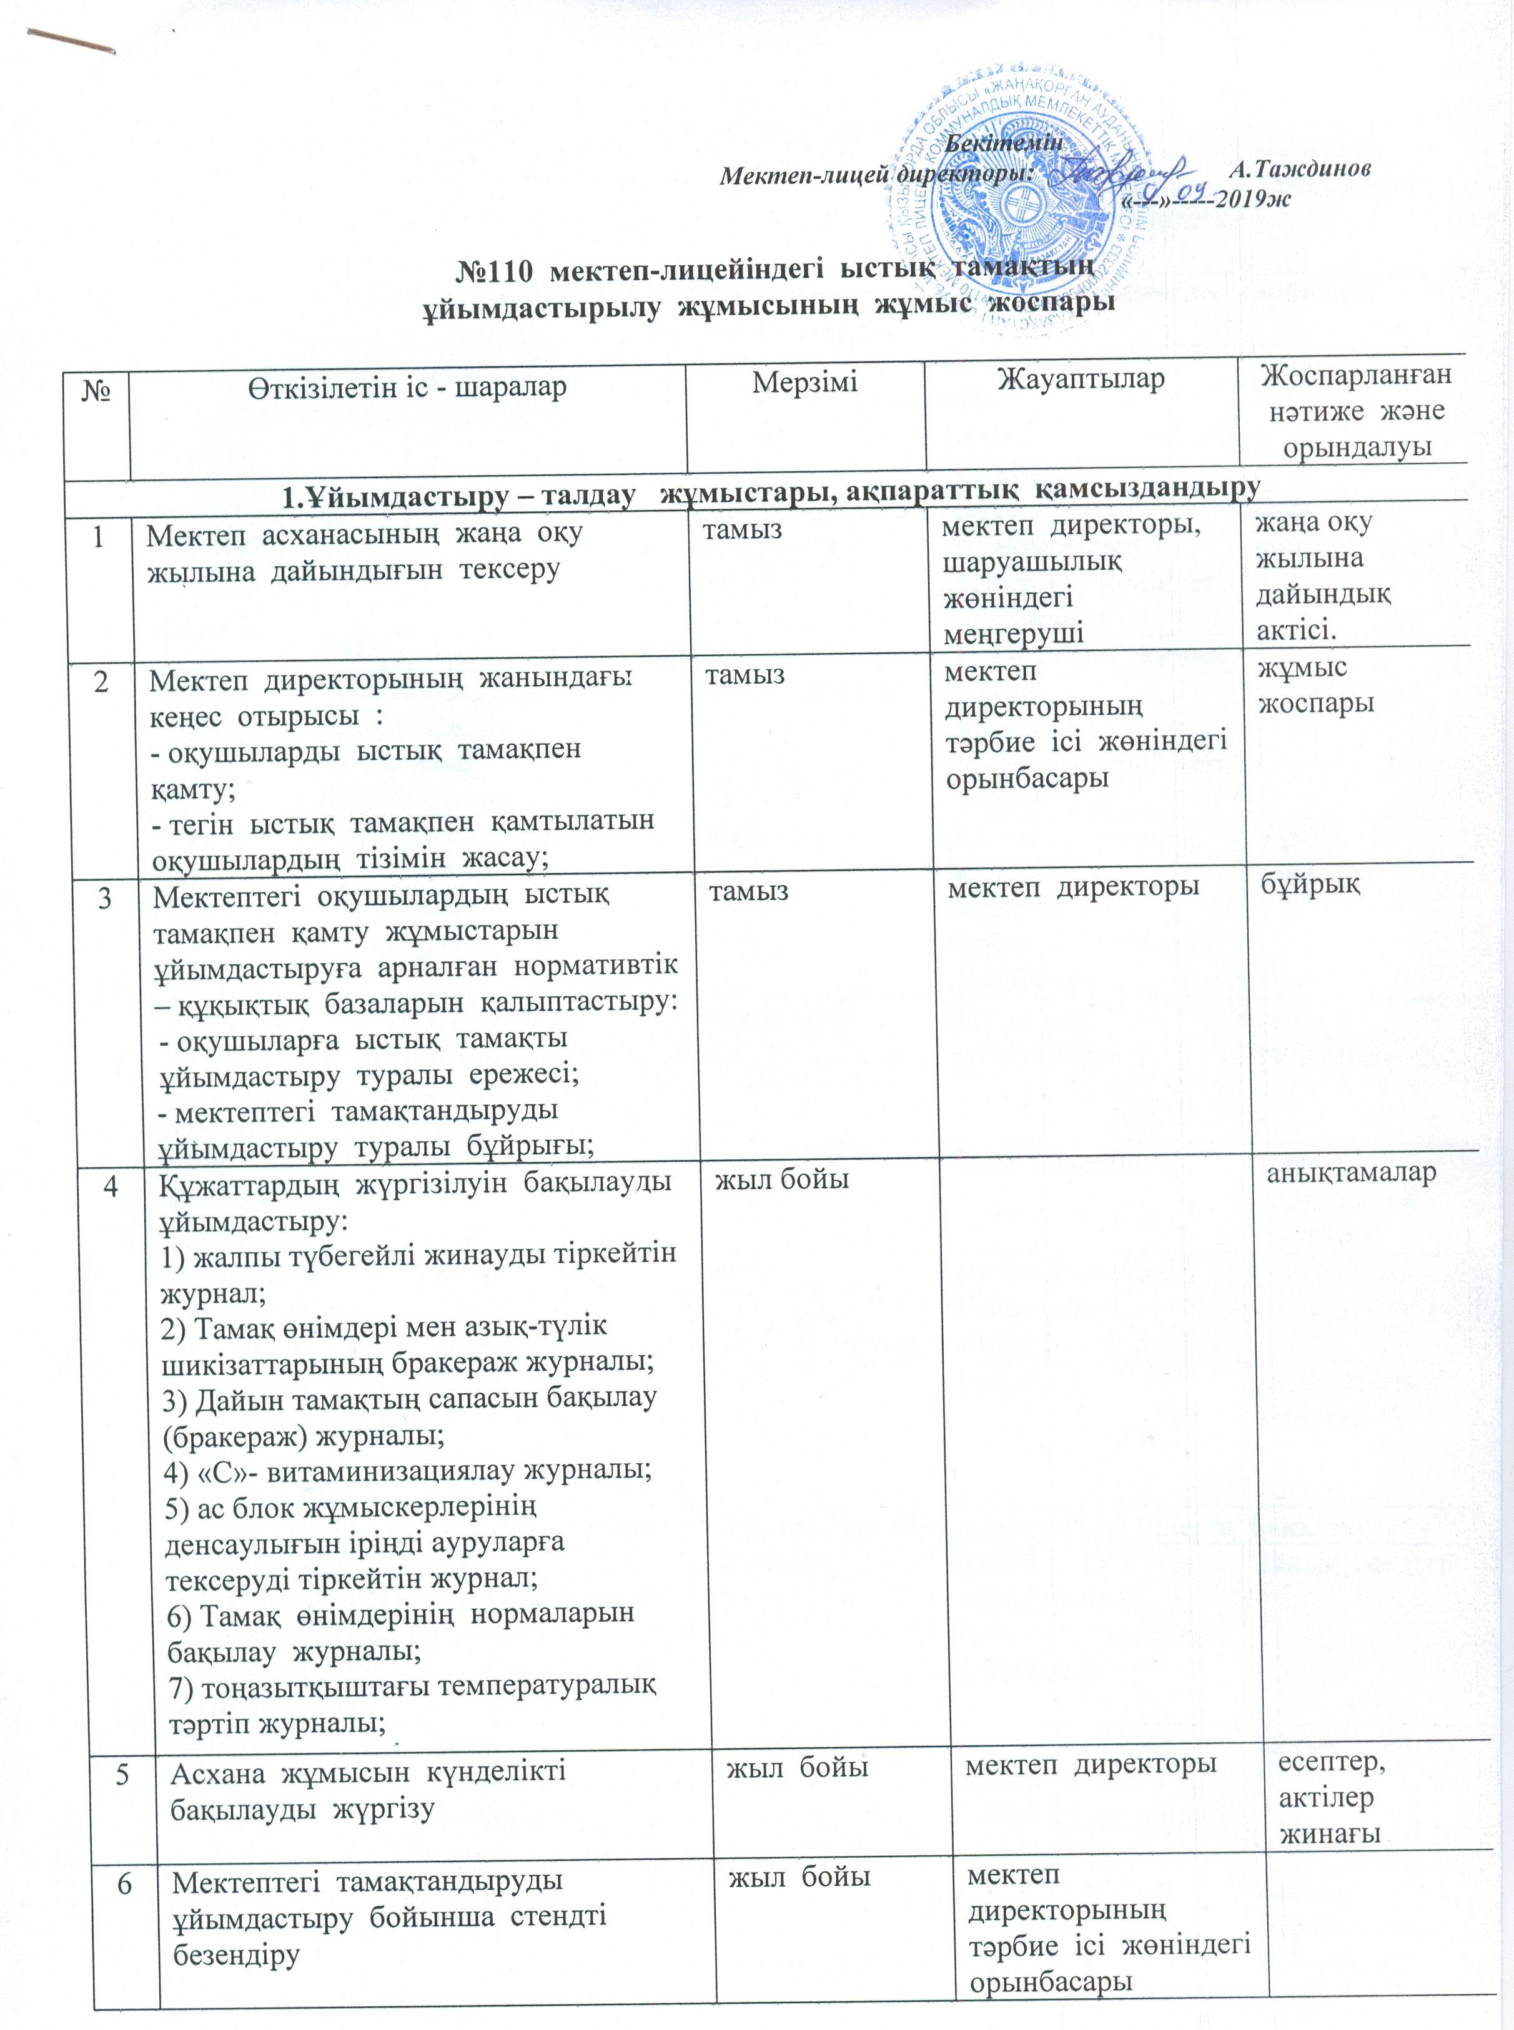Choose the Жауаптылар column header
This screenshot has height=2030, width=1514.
coord(1081,380)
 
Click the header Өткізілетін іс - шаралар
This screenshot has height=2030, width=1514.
coord(407,386)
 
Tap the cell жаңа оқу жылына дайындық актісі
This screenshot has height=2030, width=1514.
coord(1324,576)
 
